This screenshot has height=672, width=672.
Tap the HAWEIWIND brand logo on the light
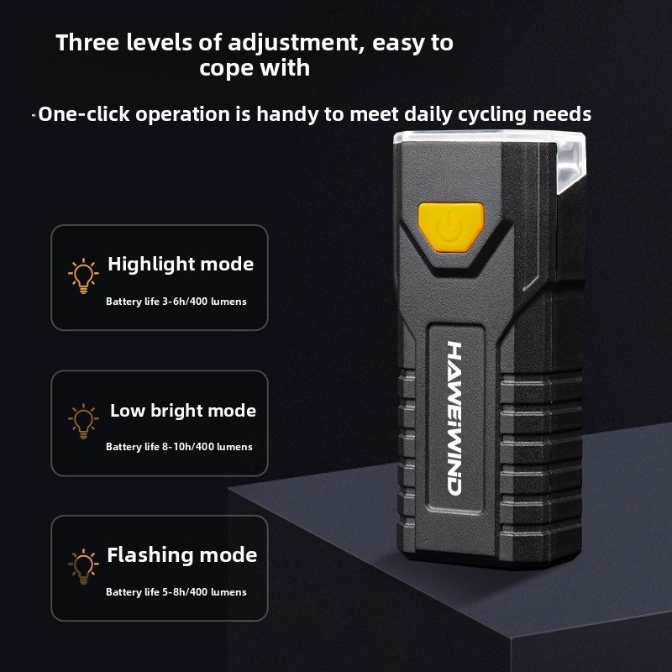coord(454,418)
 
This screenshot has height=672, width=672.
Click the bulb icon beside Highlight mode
coord(83,276)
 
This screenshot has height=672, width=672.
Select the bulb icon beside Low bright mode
coord(83,422)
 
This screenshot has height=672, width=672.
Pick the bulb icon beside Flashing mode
coord(83,566)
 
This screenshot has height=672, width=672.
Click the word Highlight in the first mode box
coord(151,265)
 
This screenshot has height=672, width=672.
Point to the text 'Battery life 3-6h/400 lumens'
coord(176,302)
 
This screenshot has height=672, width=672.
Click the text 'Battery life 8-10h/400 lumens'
coord(179,447)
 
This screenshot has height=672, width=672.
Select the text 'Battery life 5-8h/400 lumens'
coord(176,592)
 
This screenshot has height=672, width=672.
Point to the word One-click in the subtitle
coord(83,114)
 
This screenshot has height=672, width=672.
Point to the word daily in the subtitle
coord(428,115)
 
